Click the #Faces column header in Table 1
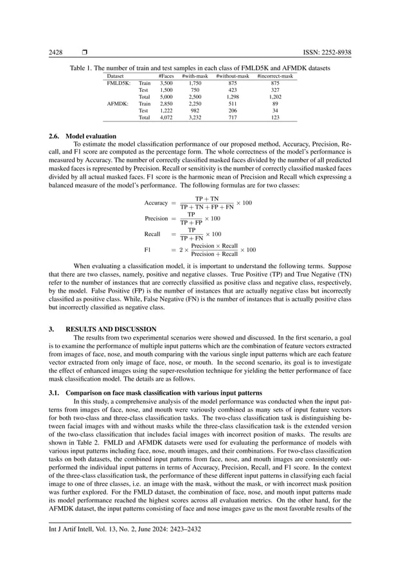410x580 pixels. click(166, 77)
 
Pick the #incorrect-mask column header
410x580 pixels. click(275, 77)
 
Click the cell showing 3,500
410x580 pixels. click(166, 84)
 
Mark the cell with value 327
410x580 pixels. click(275, 91)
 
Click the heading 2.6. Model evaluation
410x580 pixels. click(83, 136)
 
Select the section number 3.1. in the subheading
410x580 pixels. click(58, 392)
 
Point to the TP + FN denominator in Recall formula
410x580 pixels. click(192, 238)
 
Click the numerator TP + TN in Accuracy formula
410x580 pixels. click(206, 199)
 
